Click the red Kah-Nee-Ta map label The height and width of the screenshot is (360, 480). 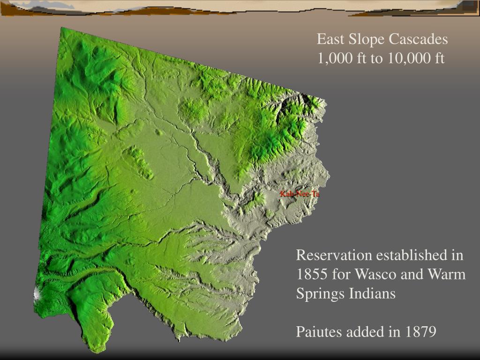(x=299, y=194)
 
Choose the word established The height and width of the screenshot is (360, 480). (x=411, y=255)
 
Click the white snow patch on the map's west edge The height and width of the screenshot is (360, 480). (x=37, y=293)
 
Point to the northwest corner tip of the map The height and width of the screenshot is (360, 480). (x=61, y=28)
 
